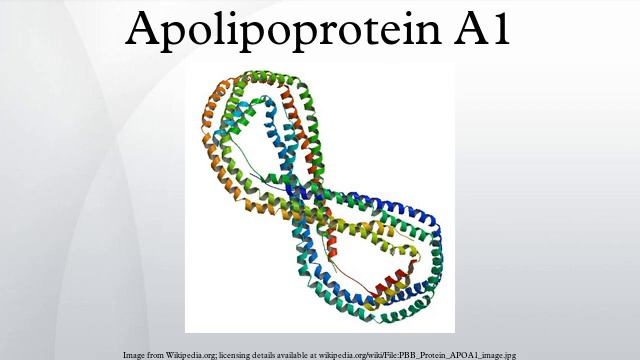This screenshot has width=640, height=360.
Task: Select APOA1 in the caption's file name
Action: [480, 355]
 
